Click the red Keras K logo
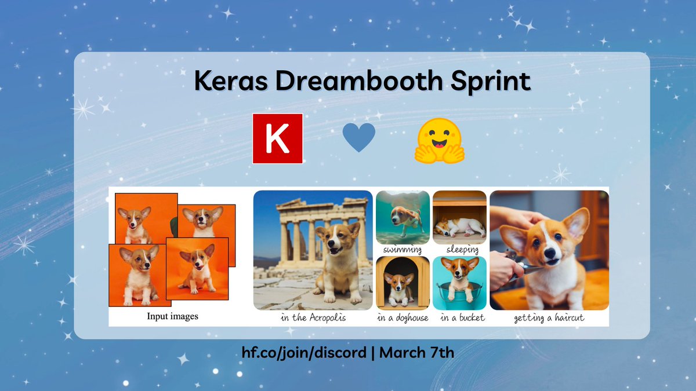(x=277, y=138)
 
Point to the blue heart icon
(x=358, y=138)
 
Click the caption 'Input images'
(x=172, y=316)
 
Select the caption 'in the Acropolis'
(x=313, y=318)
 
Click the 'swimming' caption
(x=403, y=250)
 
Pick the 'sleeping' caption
(x=462, y=250)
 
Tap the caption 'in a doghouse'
(x=403, y=318)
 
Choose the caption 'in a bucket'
(x=462, y=318)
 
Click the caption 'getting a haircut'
(x=549, y=318)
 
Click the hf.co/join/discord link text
(x=304, y=353)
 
